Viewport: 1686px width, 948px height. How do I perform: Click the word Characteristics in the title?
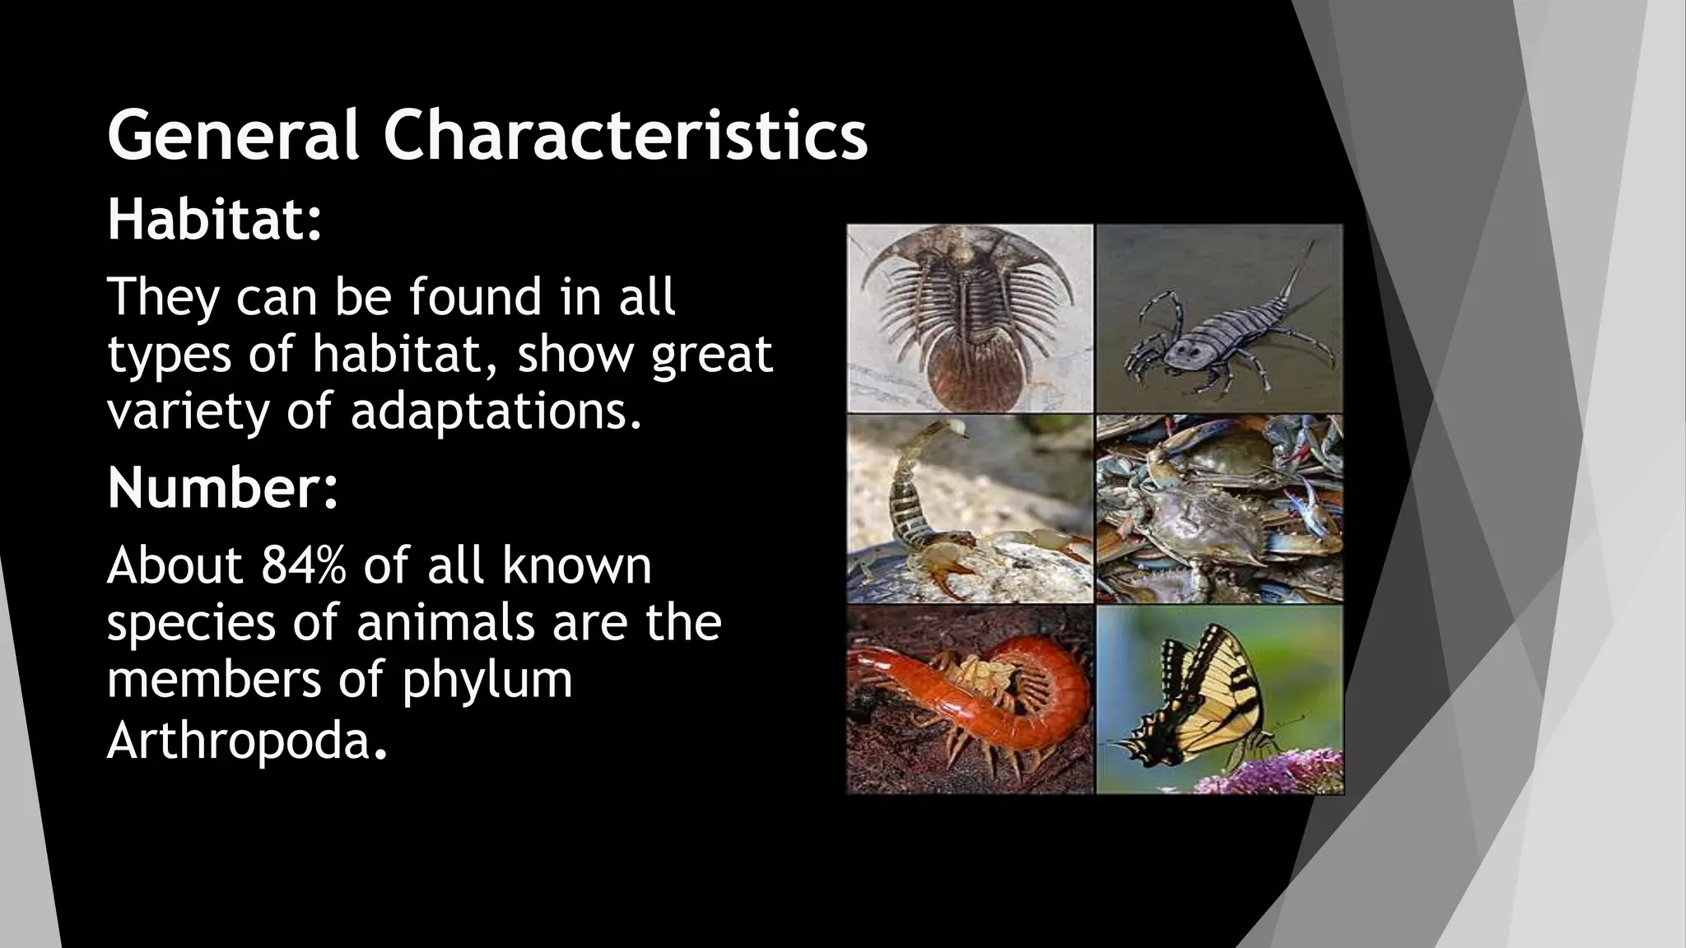(625, 135)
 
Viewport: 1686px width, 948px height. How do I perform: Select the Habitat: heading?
(214, 220)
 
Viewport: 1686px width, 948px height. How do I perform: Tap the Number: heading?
(222, 488)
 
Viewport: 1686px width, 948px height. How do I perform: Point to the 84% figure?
(304, 565)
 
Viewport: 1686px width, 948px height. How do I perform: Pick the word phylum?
(487, 681)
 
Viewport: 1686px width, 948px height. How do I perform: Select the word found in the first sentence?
(475, 297)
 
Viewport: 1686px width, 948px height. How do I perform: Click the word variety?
(188, 411)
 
